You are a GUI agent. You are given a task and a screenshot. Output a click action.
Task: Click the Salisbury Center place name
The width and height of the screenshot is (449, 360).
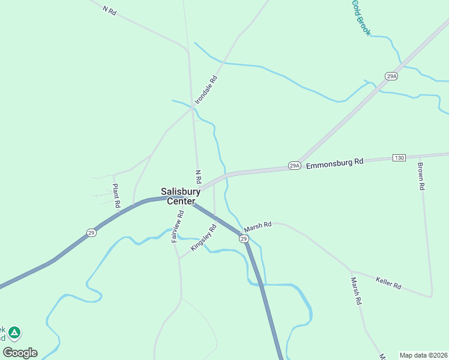coord(180,196)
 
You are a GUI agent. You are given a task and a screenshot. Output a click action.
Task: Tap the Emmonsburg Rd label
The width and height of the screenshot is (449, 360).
coord(334,162)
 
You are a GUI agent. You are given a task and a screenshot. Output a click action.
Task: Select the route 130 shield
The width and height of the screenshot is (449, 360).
coord(399,157)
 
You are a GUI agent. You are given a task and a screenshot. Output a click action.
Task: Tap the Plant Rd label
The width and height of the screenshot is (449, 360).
coord(116,196)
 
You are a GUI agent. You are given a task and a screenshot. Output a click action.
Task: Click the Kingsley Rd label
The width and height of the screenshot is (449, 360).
coord(203,238)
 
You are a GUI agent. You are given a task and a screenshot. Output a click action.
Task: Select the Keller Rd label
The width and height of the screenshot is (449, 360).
coord(388,283)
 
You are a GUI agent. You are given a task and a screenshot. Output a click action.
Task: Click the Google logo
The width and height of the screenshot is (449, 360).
coord(20,353)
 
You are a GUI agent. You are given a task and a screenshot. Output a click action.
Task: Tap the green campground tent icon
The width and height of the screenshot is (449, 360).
coord(14,332)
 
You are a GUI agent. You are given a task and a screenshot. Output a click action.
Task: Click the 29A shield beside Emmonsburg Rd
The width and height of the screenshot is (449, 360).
coord(294,166)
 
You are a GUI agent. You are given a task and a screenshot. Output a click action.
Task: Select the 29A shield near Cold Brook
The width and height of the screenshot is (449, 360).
coord(391,76)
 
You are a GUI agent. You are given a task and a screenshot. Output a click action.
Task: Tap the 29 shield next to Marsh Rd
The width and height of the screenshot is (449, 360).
coord(244,239)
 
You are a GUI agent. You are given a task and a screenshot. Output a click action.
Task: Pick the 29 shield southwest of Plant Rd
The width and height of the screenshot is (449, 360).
coord(91,232)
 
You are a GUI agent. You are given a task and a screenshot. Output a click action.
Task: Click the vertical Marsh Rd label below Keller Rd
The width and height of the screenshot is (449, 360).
coord(358,292)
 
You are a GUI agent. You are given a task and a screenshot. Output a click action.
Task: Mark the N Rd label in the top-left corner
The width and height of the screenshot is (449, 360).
coord(108,10)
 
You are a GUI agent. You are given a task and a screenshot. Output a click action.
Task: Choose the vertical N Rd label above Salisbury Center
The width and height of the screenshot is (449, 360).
coord(197,176)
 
